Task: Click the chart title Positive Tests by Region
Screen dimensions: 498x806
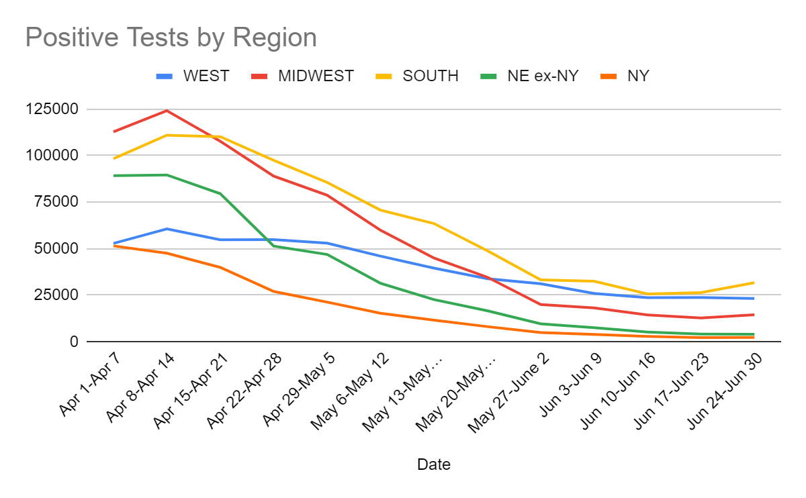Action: pyautogui.click(x=171, y=38)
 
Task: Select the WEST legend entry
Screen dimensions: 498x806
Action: pyautogui.click(x=206, y=76)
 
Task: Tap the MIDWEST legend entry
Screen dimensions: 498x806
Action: pyautogui.click(x=316, y=76)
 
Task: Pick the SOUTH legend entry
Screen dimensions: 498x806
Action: pyautogui.click(x=431, y=76)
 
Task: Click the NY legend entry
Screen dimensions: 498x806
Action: pyautogui.click(x=638, y=76)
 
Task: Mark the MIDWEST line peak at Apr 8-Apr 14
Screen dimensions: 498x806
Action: pyautogui.click(x=167, y=111)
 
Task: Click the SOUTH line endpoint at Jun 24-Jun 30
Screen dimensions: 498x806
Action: pyautogui.click(x=754, y=283)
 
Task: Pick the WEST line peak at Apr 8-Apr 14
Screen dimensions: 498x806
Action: pyautogui.click(x=167, y=229)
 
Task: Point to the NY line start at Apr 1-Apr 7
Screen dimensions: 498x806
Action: pyautogui.click(x=114, y=246)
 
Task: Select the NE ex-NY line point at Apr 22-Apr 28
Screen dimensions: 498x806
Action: pyautogui.click(x=273, y=246)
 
